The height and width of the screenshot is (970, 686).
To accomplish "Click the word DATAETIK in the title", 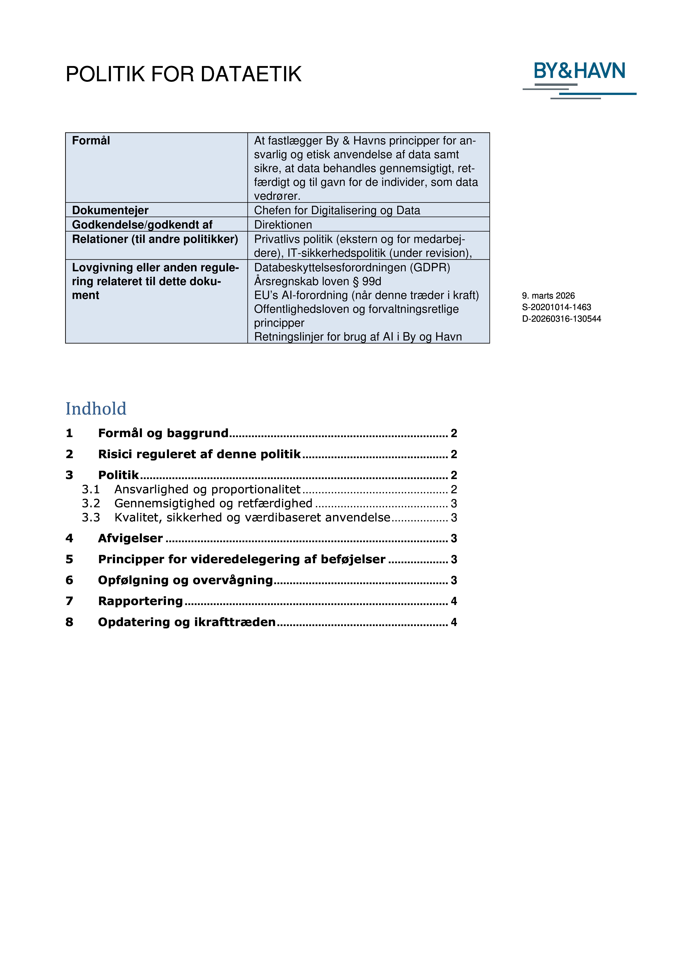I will pyautogui.click(x=251, y=74).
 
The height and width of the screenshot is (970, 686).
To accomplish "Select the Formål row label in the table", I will pyautogui.click(x=91, y=141).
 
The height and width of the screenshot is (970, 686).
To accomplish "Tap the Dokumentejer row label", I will pyautogui.click(x=110, y=211).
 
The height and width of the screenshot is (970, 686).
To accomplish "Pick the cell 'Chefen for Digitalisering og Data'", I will pyautogui.click(x=337, y=211).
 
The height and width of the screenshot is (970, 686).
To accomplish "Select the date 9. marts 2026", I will pyautogui.click(x=548, y=296).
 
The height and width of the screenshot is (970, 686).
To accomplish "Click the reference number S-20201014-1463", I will pyautogui.click(x=556, y=307).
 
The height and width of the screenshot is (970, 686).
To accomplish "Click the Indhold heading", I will pyautogui.click(x=96, y=409).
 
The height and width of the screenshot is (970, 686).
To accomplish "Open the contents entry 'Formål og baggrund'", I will pyautogui.click(x=163, y=433).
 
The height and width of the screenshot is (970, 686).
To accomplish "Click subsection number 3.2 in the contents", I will pyautogui.click(x=91, y=503).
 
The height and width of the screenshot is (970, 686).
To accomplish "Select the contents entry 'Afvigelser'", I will pyautogui.click(x=130, y=538).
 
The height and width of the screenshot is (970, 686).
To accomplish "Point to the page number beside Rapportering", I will pyautogui.click(x=454, y=601).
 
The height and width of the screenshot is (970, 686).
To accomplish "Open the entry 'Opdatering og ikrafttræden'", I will pyautogui.click(x=187, y=622).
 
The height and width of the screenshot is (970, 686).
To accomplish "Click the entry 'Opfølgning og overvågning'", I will pyautogui.click(x=185, y=580).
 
